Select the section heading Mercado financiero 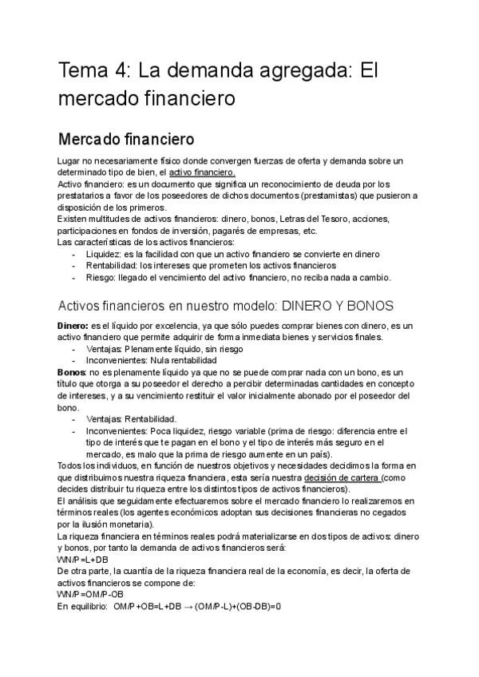pyautogui.click(x=125, y=137)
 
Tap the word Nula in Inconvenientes pyautogui.click(x=154, y=361)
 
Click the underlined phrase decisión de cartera pyautogui.click(x=342, y=477)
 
